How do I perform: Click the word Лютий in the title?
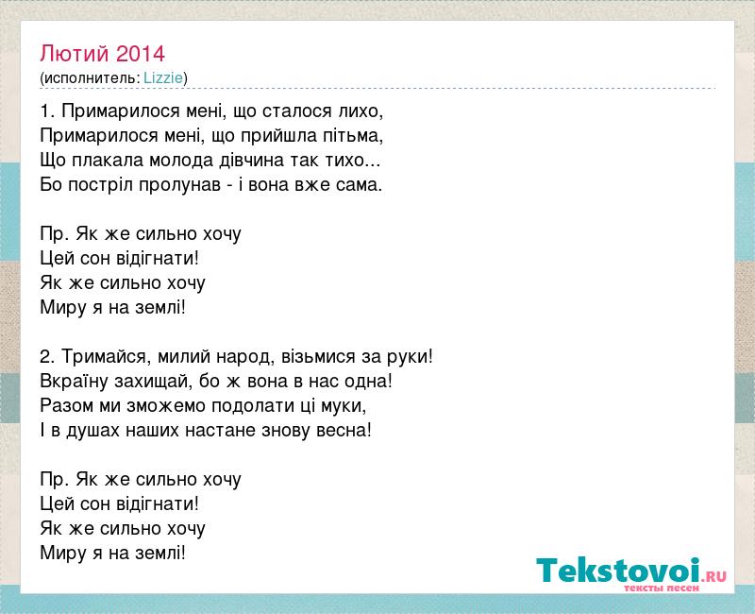pyautogui.click(x=75, y=54)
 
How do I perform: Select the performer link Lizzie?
pyautogui.click(x=163, y=78)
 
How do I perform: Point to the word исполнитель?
pyautogui.click(x=91, y=78)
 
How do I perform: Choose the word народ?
pyautogui.click(x=243, y=357)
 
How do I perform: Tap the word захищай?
pyautogui.click(x=150, y=382)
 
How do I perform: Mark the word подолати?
pyautogui.click(x=250, y=406)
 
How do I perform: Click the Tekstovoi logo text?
pyautogui.click(x=618, y=571)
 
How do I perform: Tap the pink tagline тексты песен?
pyautogui.click(x=662, y=588)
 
